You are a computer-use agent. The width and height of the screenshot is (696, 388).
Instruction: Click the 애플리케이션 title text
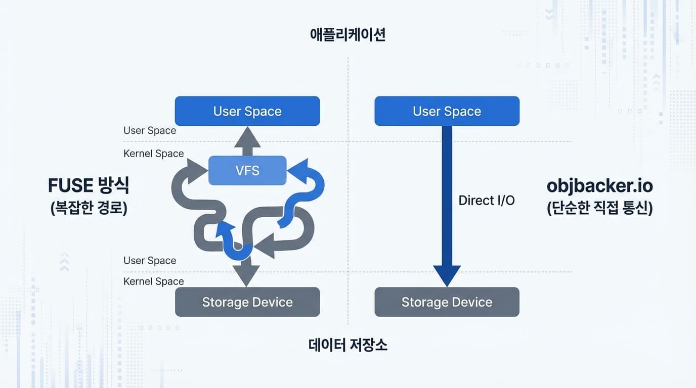click(x=347, y=35)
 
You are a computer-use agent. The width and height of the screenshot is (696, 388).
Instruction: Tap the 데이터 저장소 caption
click(x=347, y=345)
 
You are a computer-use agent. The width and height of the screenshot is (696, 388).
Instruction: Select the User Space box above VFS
click(x=247, y=111)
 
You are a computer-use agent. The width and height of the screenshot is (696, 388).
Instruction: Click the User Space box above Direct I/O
click(x=447, y=111)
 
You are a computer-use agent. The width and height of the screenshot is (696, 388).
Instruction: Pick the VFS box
click(x=247, y=170)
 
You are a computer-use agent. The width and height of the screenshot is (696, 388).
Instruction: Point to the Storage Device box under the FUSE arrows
click(x=247, y=302)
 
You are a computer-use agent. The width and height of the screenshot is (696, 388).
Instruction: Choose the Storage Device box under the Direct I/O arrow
click(x=447, y=302)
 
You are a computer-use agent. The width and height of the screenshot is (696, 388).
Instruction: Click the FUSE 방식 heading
click(x=89, y=186)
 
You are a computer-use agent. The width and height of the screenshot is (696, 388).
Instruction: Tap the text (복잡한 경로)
click(x=89, y=208)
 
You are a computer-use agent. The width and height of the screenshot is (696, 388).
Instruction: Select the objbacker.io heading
click(x=599, y=186)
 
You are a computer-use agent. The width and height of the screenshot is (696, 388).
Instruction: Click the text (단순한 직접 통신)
click(x=599, y=208)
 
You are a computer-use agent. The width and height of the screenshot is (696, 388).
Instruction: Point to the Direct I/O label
click(x=486, y=201)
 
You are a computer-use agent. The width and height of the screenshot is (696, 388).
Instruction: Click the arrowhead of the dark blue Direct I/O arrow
click(x=447, y=275)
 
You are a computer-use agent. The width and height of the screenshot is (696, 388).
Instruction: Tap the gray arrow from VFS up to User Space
click(x=247, y=141)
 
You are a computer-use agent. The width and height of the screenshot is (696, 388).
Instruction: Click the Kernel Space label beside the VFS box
click(x=153, y=154)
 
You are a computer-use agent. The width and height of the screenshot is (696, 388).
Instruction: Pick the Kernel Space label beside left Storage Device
click(x=153, y=281)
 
